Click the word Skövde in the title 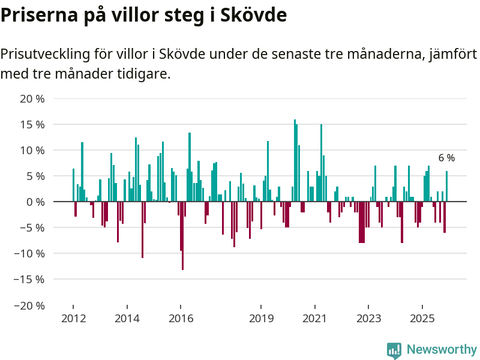pos(254,16)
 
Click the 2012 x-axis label pos(73,318)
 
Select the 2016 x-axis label pos(181,318)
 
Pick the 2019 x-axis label pos(262,318)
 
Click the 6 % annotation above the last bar pos(446,158)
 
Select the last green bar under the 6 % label pos(446,187)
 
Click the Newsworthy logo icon pos(394,350)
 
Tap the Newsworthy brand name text pos(442,350)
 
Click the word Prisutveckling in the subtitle pos(45,55)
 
